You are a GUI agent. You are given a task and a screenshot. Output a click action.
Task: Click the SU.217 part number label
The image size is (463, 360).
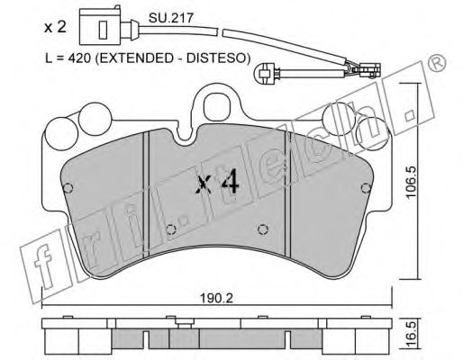[x=171, y=18]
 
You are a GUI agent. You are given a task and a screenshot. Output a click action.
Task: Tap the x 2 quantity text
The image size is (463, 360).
[x=55, y=27]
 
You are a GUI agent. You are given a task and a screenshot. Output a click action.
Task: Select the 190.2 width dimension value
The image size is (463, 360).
[x=217, y=299]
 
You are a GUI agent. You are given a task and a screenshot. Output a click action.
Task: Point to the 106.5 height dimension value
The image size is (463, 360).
[x=411, y=182]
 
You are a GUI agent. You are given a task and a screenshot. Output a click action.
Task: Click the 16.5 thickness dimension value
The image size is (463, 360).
[x=412, y=334]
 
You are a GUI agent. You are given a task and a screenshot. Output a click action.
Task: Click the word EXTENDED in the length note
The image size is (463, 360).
[x=136, y=58]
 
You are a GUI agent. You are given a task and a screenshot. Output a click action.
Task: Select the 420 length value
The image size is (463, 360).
[x=79, y=58]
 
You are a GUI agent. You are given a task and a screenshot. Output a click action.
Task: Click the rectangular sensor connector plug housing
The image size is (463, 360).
[x=100, y=27]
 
